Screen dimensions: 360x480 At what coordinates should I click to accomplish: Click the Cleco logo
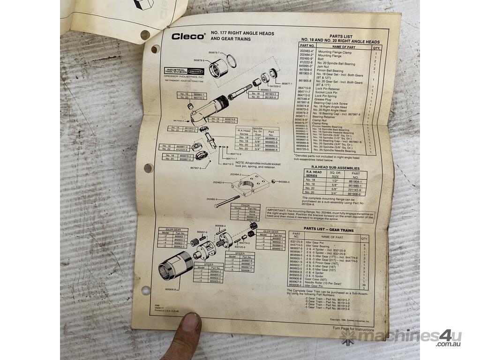coord(187,36)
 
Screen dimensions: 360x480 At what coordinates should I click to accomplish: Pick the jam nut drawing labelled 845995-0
coord(273,181)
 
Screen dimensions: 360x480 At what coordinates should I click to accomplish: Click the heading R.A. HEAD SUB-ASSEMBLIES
coord(332,168)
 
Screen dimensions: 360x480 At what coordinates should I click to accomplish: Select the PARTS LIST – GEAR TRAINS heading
coord(329,229)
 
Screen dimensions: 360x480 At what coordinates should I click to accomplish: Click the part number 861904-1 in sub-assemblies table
coord(357,180)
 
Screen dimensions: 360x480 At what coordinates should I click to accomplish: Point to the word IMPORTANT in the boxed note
coord(277,210)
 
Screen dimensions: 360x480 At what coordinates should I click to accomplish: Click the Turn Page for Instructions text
coord(353,329)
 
